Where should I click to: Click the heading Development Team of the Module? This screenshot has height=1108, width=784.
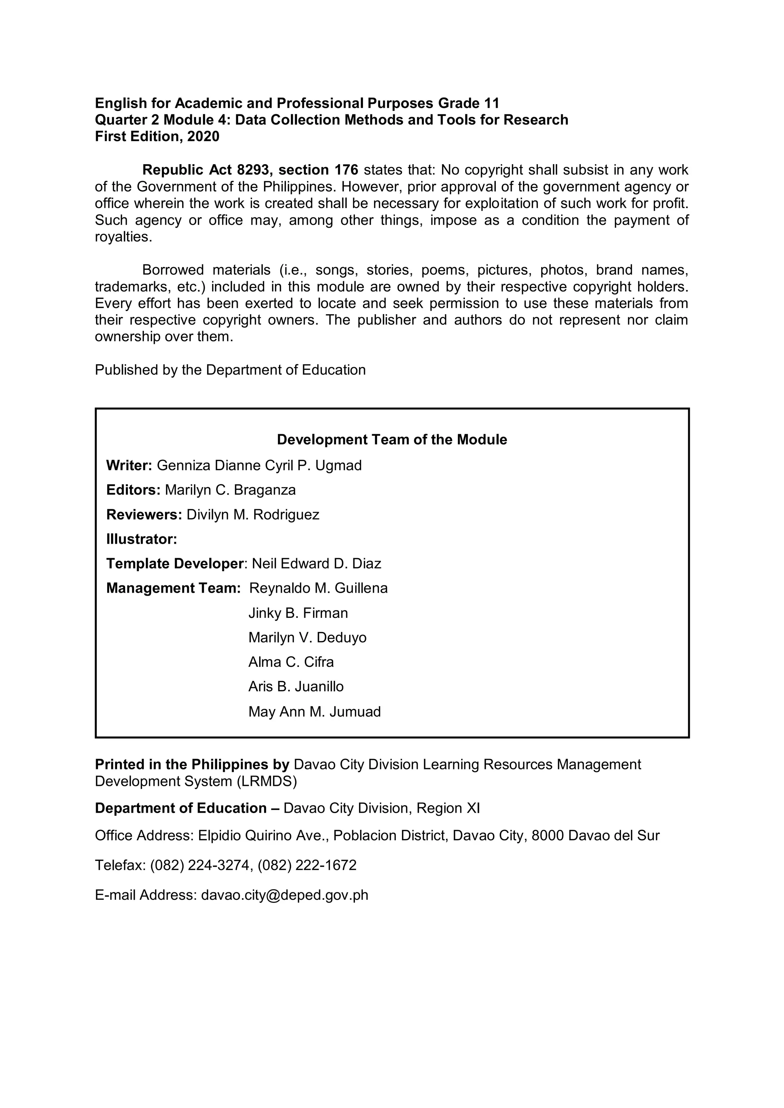point(392,440)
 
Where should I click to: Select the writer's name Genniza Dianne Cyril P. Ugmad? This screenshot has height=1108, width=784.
point(259,465)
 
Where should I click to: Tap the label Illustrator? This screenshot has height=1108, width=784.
point(141,539)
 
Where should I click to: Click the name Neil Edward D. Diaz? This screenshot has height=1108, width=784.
point(317,564)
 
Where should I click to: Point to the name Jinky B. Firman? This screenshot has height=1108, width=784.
point(298,613)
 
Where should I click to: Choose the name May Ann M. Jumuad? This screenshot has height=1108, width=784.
point(314,711)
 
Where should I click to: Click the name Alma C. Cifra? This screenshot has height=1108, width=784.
point(291,662)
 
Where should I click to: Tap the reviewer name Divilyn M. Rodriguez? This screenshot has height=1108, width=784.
point(253,515)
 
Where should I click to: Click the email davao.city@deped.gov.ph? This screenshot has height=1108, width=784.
point(284,895)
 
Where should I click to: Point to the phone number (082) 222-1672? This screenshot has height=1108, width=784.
point(307,865)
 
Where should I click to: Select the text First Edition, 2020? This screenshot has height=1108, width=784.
point(157,137)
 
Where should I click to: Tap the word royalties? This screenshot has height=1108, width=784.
point(123,237)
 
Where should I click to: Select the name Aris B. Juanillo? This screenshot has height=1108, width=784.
point(296,687)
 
